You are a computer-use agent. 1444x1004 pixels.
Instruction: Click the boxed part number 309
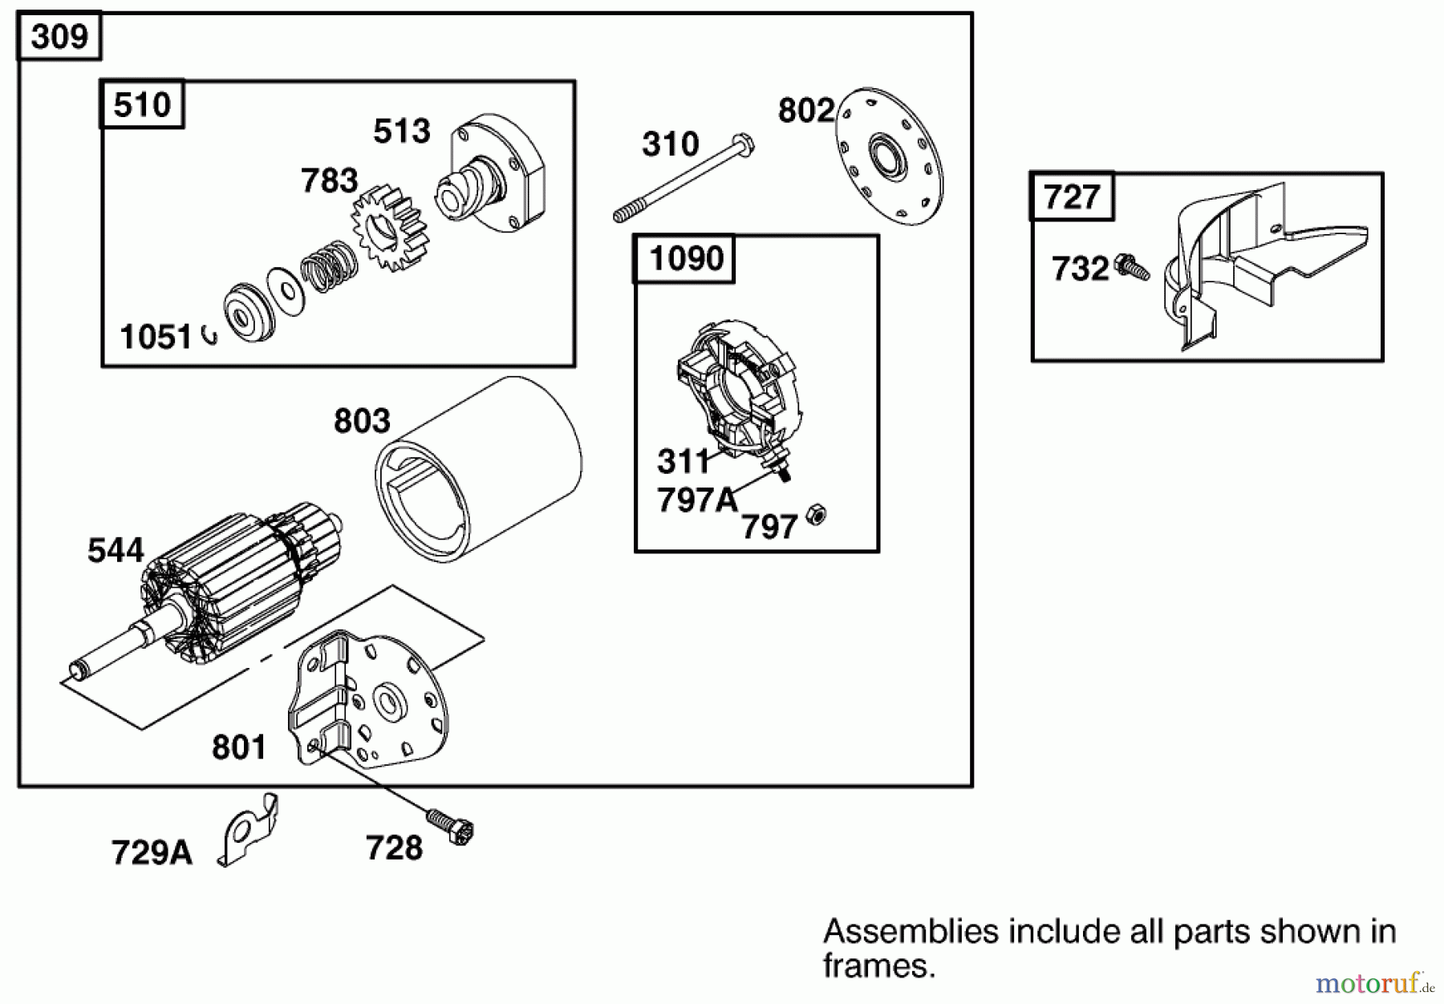click(59, 36)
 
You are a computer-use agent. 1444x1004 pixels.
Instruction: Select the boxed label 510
click(142, 104)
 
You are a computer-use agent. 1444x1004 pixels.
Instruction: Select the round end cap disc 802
click(890, 156)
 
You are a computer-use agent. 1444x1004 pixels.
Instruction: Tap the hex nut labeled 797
click(816, 514)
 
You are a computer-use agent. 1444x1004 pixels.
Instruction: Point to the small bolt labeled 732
click(1134, 266)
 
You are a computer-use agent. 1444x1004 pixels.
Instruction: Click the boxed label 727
click(1071, 196)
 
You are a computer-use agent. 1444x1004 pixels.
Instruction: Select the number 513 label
click(401, 131)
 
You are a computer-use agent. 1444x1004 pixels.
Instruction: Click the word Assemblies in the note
click(911, 933)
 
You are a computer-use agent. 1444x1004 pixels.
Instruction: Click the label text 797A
click(696, 500)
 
